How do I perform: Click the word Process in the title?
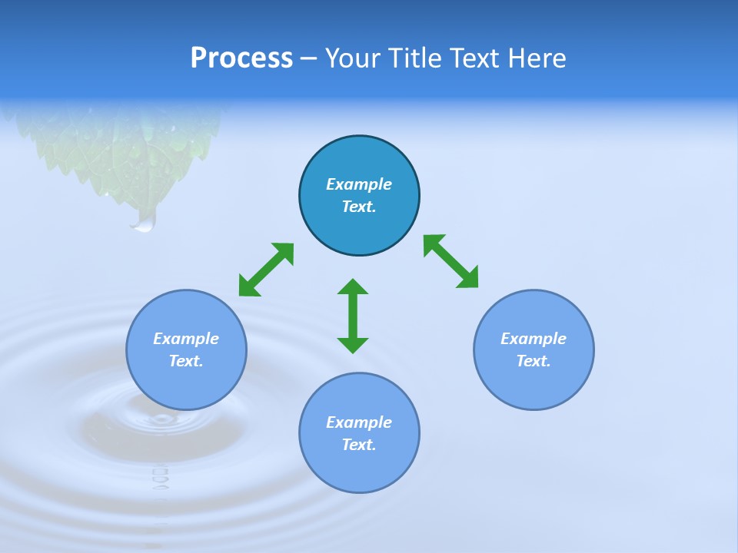(241, 58)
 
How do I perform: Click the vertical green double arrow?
(353, 316)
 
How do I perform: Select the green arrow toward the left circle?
(266, 270)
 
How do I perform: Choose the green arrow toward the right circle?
(451, 262)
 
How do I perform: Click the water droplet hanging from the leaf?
(144, 222)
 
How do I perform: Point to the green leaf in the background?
(131, 150)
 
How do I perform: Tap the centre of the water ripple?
(161, 419)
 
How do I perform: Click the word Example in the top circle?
(359, 184)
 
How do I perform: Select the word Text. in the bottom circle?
(359, 445)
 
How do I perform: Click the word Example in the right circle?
(534, 339)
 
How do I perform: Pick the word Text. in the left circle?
(186, 361)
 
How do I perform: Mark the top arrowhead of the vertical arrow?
(353, 287)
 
